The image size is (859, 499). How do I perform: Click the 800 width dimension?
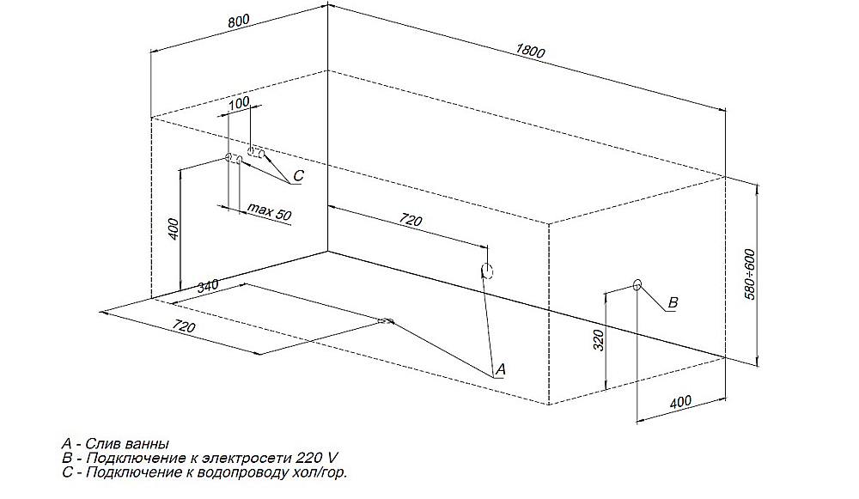coord(239,21)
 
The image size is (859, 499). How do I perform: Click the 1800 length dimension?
coord(530,51)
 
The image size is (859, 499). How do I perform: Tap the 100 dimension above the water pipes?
coord(239,102)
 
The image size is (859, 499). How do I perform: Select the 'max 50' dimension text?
coord(269,211)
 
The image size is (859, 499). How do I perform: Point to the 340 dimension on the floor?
coord(208,286)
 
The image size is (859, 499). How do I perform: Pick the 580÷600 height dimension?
coord(749,274)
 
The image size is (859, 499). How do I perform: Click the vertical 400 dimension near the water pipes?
coord(174,229)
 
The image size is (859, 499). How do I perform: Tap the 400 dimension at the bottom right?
coord(680,402)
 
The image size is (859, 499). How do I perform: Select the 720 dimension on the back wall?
coord(411,220)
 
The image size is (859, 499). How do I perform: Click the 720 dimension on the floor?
coord(184,326)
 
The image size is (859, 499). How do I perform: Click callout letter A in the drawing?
coord(500,369)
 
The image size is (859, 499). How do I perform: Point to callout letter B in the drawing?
coord(673,302)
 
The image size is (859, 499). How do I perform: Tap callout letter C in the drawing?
coord(298,176)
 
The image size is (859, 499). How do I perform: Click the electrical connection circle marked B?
coord(637,285)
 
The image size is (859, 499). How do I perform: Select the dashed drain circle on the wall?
coord(487,271)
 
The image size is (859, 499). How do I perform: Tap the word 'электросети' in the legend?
coord(247,458)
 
